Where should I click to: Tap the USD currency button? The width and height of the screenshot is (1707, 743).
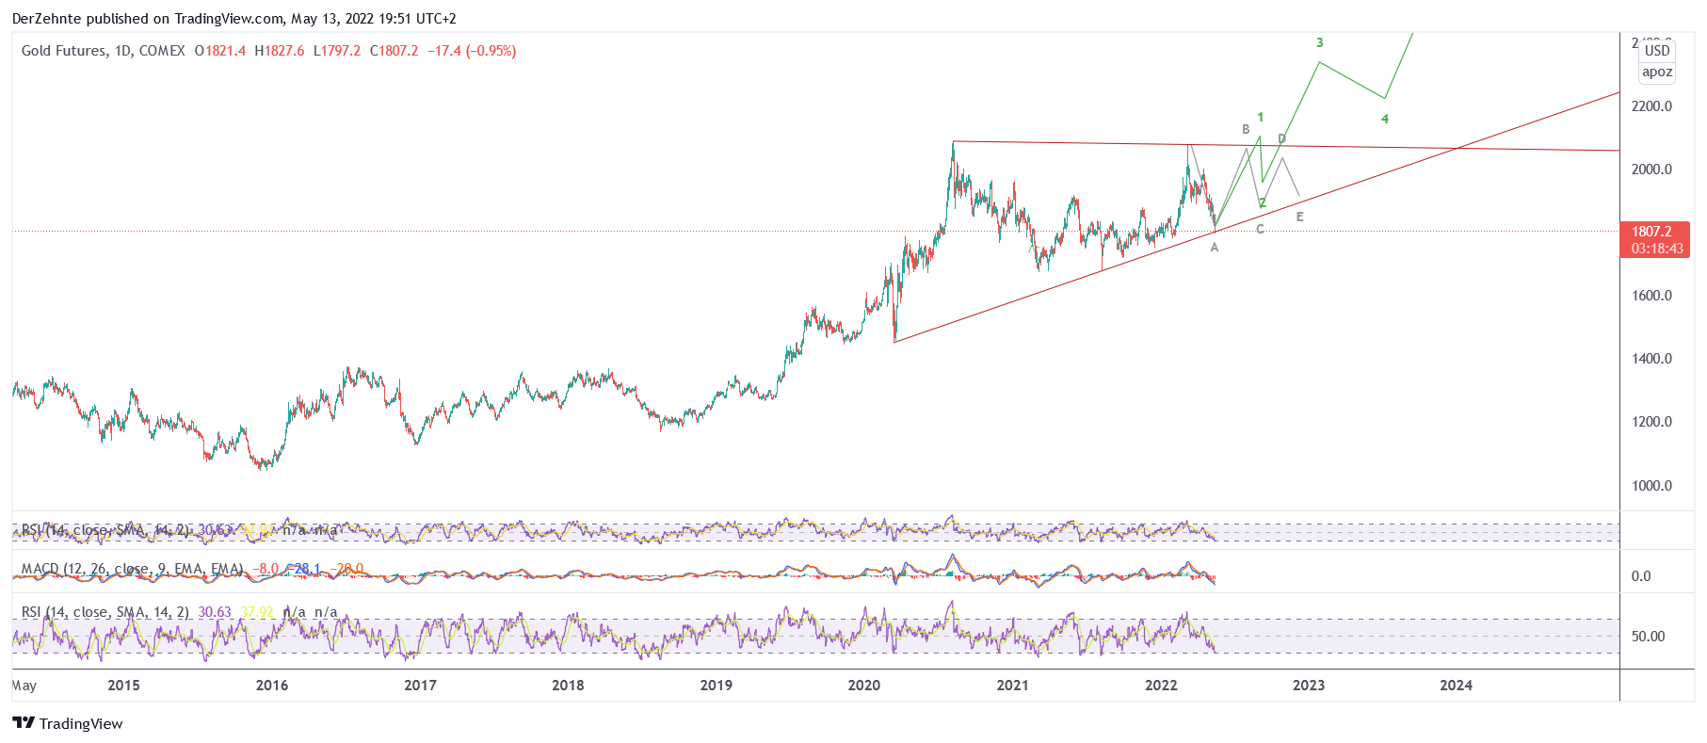1657,51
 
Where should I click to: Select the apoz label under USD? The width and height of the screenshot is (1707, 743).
1657,73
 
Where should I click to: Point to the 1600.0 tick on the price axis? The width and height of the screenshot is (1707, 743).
1651,296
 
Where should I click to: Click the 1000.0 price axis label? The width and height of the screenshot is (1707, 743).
1651,486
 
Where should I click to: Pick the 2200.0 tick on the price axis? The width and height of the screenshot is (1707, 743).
1651,106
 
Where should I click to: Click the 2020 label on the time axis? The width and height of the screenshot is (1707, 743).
863,686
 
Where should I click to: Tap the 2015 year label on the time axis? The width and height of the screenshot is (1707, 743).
123,686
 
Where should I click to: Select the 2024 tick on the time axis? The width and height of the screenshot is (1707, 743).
1456,686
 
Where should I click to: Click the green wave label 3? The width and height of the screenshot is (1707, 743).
1320,42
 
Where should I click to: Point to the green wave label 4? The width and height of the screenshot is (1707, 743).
1385,120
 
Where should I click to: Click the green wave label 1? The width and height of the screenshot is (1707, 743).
1260,118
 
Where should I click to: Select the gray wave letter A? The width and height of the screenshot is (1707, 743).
1215,248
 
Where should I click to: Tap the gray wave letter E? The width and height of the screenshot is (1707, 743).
1300,218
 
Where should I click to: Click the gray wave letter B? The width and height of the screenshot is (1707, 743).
1246,130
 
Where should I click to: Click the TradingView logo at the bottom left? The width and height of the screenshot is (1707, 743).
68,723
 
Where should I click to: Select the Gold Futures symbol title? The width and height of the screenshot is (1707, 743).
104,51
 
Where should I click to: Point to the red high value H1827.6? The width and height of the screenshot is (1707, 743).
280,51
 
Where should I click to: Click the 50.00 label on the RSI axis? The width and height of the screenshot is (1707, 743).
1648,637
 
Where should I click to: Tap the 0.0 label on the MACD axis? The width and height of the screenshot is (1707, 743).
1641,576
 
